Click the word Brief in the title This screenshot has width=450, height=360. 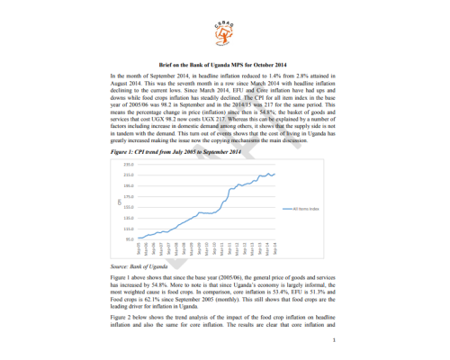coord(170,65)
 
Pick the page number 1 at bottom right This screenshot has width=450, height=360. coord(334,340)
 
